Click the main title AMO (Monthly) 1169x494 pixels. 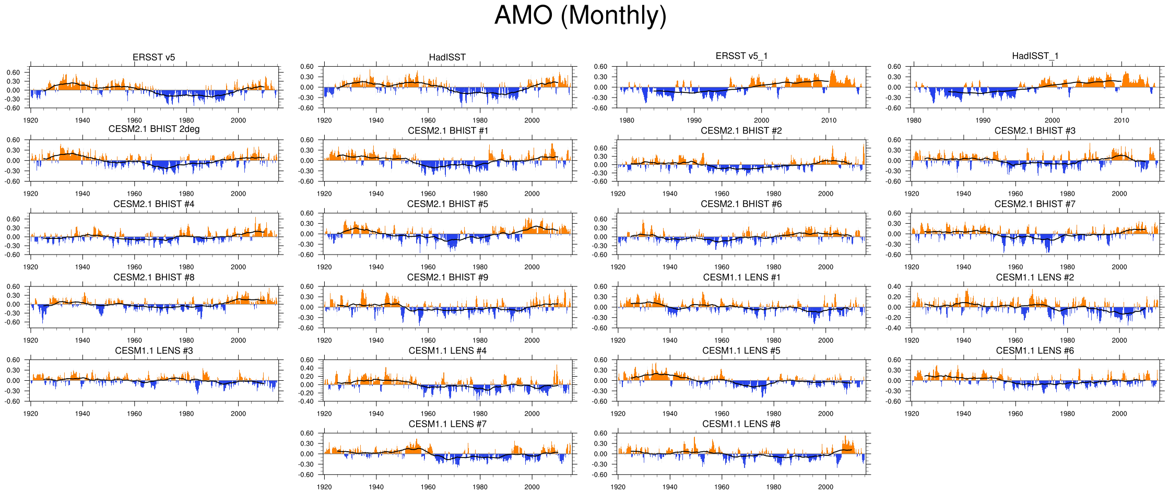(x=580, y=15)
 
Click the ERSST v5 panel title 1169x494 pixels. (x=153, y=57)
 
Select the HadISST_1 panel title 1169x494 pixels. (x=1035, y=56)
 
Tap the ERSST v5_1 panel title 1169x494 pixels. (x=741, y=56)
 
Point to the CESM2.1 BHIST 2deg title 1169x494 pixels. (x=153, y=129)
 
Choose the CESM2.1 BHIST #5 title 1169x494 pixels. (x=447, y=204)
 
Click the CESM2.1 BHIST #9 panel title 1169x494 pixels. (x=447, y=278)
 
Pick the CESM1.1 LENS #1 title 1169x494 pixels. (x=741, y=278)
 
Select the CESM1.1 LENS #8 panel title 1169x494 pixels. (x=741, y=424)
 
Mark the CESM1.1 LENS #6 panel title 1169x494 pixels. (x=1035, y=351)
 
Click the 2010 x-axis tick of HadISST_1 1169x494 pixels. (x=1121, y=121)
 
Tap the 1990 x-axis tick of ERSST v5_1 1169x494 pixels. (x=694, y=121)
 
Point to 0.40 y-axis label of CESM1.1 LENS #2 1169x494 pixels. (x=894, y=287)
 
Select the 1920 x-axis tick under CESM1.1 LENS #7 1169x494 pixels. (x=324, y=487)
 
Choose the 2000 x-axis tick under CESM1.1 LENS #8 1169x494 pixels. (x=825, y=487)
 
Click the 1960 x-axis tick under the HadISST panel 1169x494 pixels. (x=428, y=121)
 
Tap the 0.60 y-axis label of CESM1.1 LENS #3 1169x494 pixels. (x=13, y=360)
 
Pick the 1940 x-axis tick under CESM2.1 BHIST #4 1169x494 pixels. (x=82, y=267)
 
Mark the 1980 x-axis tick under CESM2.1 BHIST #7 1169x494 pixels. (x=1067, y=267)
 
